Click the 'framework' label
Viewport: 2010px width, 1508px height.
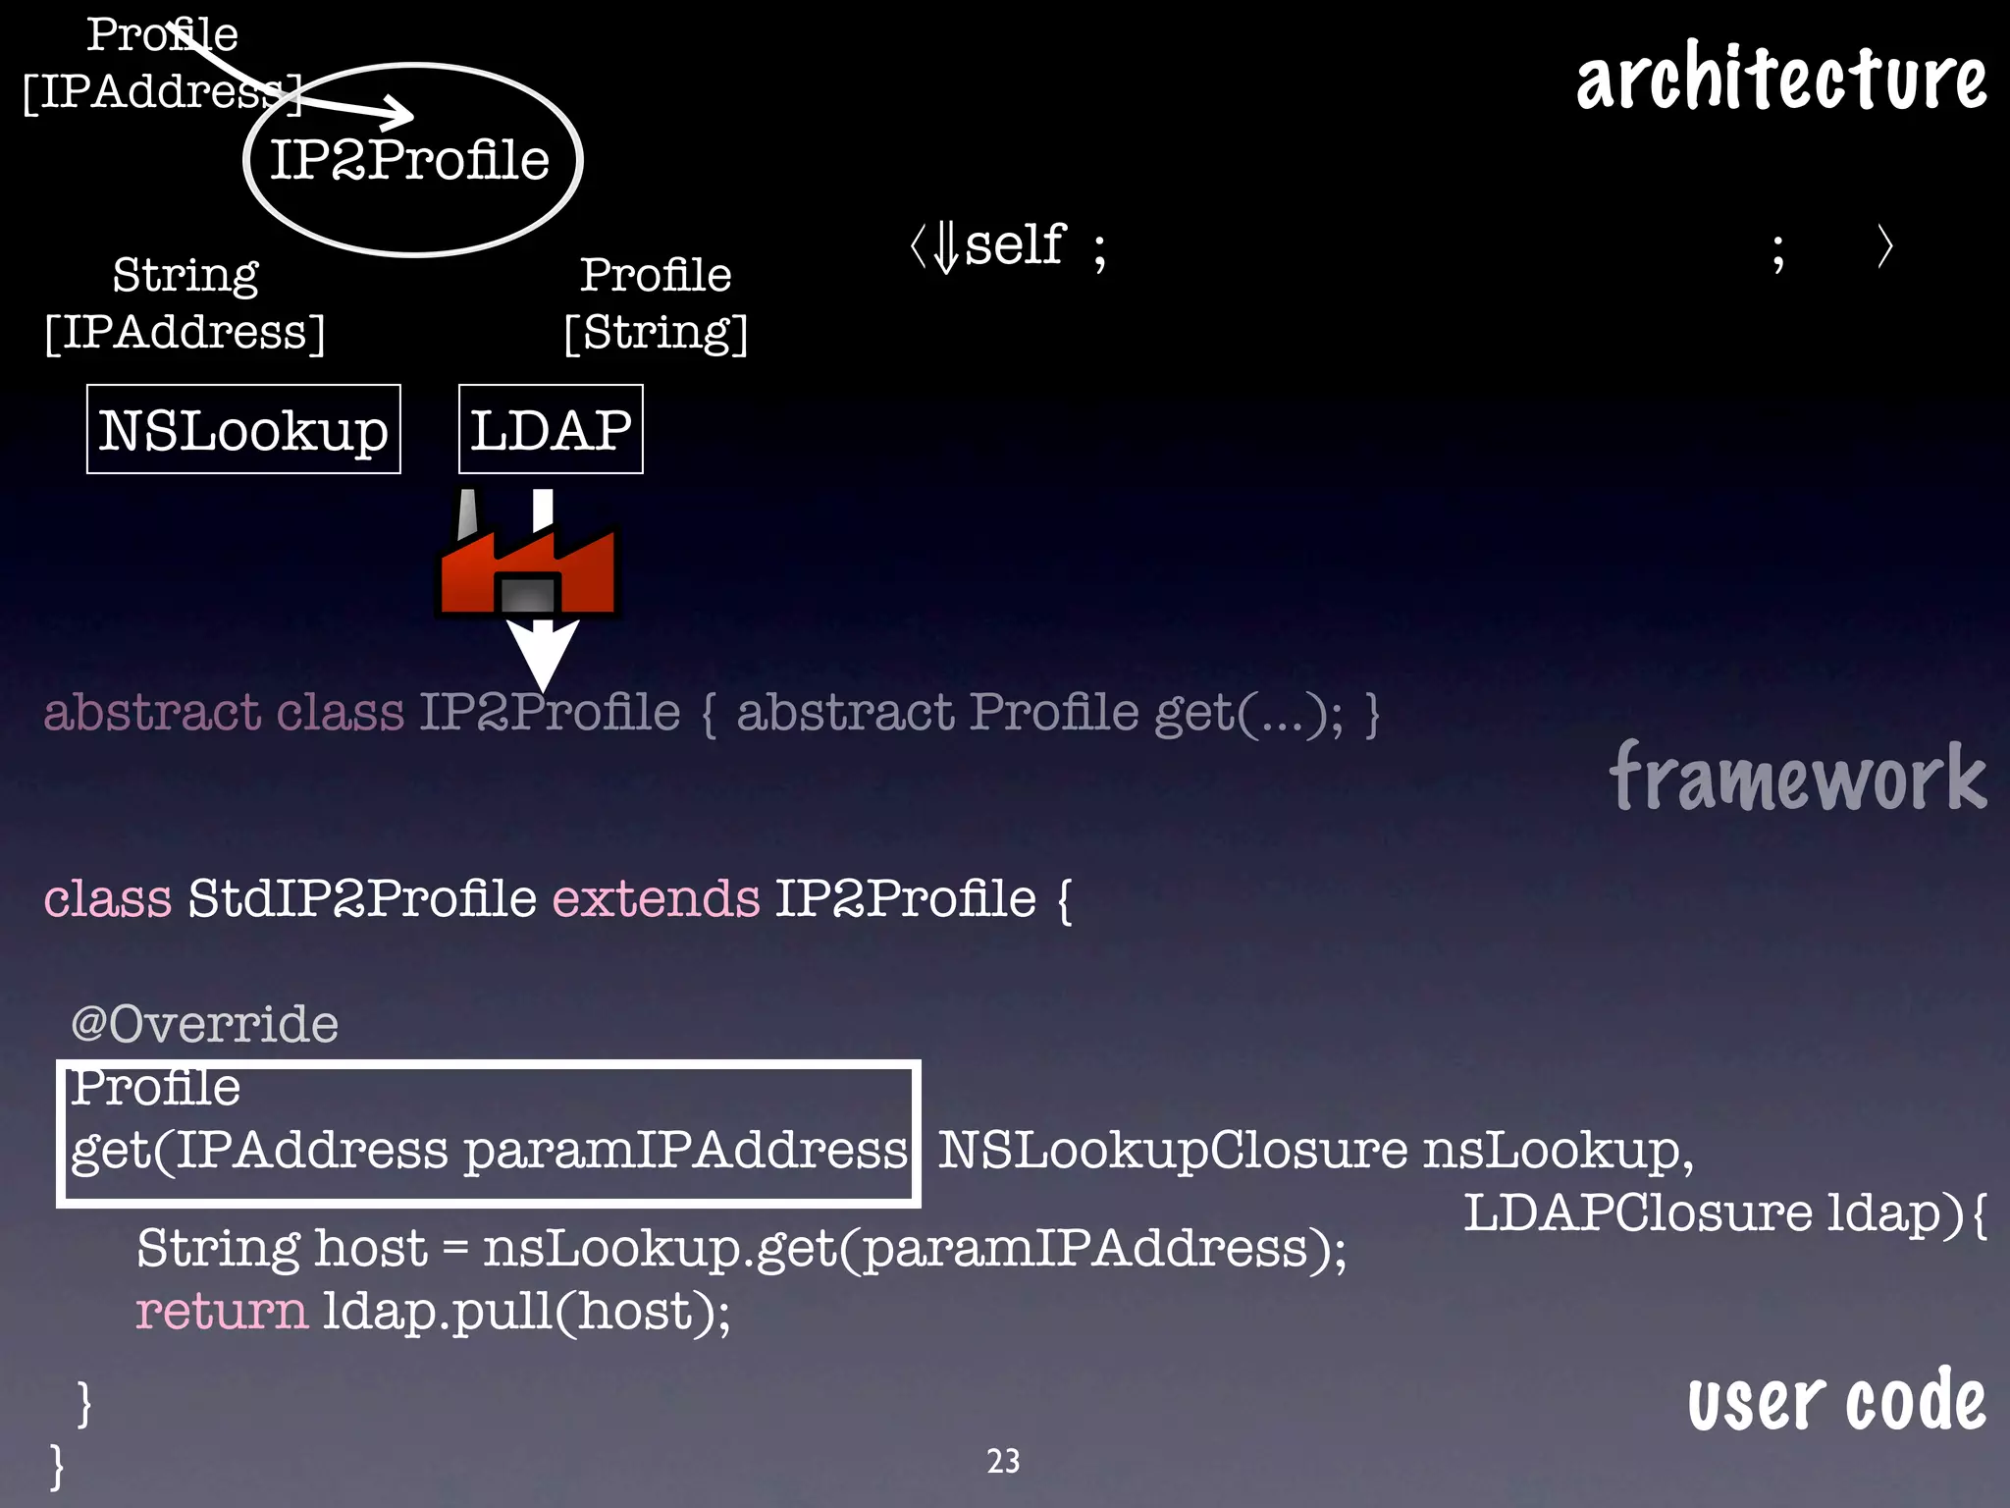pyautogui.click(x=1797, y=779)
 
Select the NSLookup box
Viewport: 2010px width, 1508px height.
pyautogui.click(x=243, y=430)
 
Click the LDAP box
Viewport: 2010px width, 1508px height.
pyautogui.click(x=551, y=430)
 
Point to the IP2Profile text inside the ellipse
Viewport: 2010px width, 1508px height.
pyautogui.click(x=409, y=160)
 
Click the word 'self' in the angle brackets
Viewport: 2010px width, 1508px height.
pyautogui.click(x=1014, y=245)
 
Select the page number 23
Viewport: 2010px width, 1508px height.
pyautogui.click(x=1003, y=1461)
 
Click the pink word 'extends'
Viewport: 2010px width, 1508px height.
pyautogui.click(x=656, y=898)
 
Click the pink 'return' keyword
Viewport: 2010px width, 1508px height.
pyautogui.click(x=222, y=1312)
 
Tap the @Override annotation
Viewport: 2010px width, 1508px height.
pyautogui.click(x=204, y=1024)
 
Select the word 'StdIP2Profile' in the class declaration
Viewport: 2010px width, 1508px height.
pyautogui.click(x=361, y=898)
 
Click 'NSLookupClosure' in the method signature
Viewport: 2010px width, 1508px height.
pyautogui.click(x=1172, y=1151)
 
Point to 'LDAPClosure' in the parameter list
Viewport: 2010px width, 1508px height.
pyautogui.click(x=1637, y=1213)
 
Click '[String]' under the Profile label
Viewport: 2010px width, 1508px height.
pyautogui.click(x=656, y=333)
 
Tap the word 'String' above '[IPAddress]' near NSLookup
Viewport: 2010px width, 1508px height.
pyautogui.click(x=185, y=275)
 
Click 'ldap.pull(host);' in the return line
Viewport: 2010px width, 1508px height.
pyautogui.click(x=526, y=1312)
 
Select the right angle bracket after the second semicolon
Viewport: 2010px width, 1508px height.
pyautogui.click(x=1884, y=246)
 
